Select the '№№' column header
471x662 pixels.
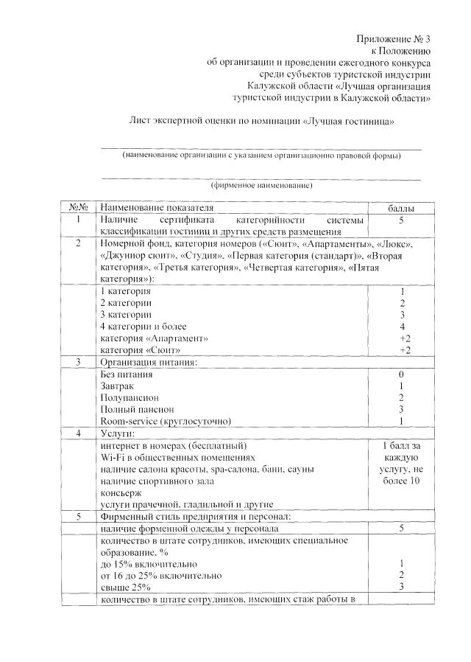point(78,209)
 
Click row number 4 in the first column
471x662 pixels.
point(78,433)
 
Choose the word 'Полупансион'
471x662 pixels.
point(126,397)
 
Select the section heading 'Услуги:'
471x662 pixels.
point(117,433)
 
